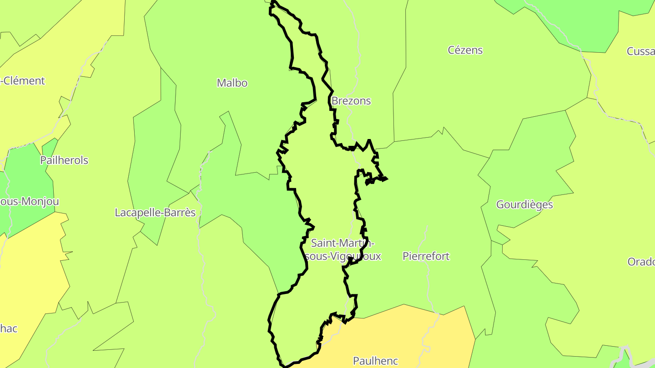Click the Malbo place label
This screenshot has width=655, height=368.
[x=232, y=83]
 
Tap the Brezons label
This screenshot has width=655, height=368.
[x=351, y=101]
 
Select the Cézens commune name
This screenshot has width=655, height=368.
[x=465, y=50]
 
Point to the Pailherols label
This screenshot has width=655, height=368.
[x=64, y=160]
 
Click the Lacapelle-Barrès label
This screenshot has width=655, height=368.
[x=155, y=213]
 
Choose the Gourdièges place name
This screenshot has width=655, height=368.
[x=524, y=204]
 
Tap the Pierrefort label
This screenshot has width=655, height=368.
[x=426, y=256]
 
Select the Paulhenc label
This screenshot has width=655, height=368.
[x=375, y=361]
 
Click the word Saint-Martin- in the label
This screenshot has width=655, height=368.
[x=343, y=244]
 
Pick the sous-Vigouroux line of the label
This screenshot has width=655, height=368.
[x=343, y=256]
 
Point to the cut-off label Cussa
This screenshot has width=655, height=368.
[x=640, y=51]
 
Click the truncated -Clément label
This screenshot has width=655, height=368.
[x=23, y=81]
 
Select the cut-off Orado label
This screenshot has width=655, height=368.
[x=641, y=262]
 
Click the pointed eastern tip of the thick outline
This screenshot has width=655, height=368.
[x=387, y=179]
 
